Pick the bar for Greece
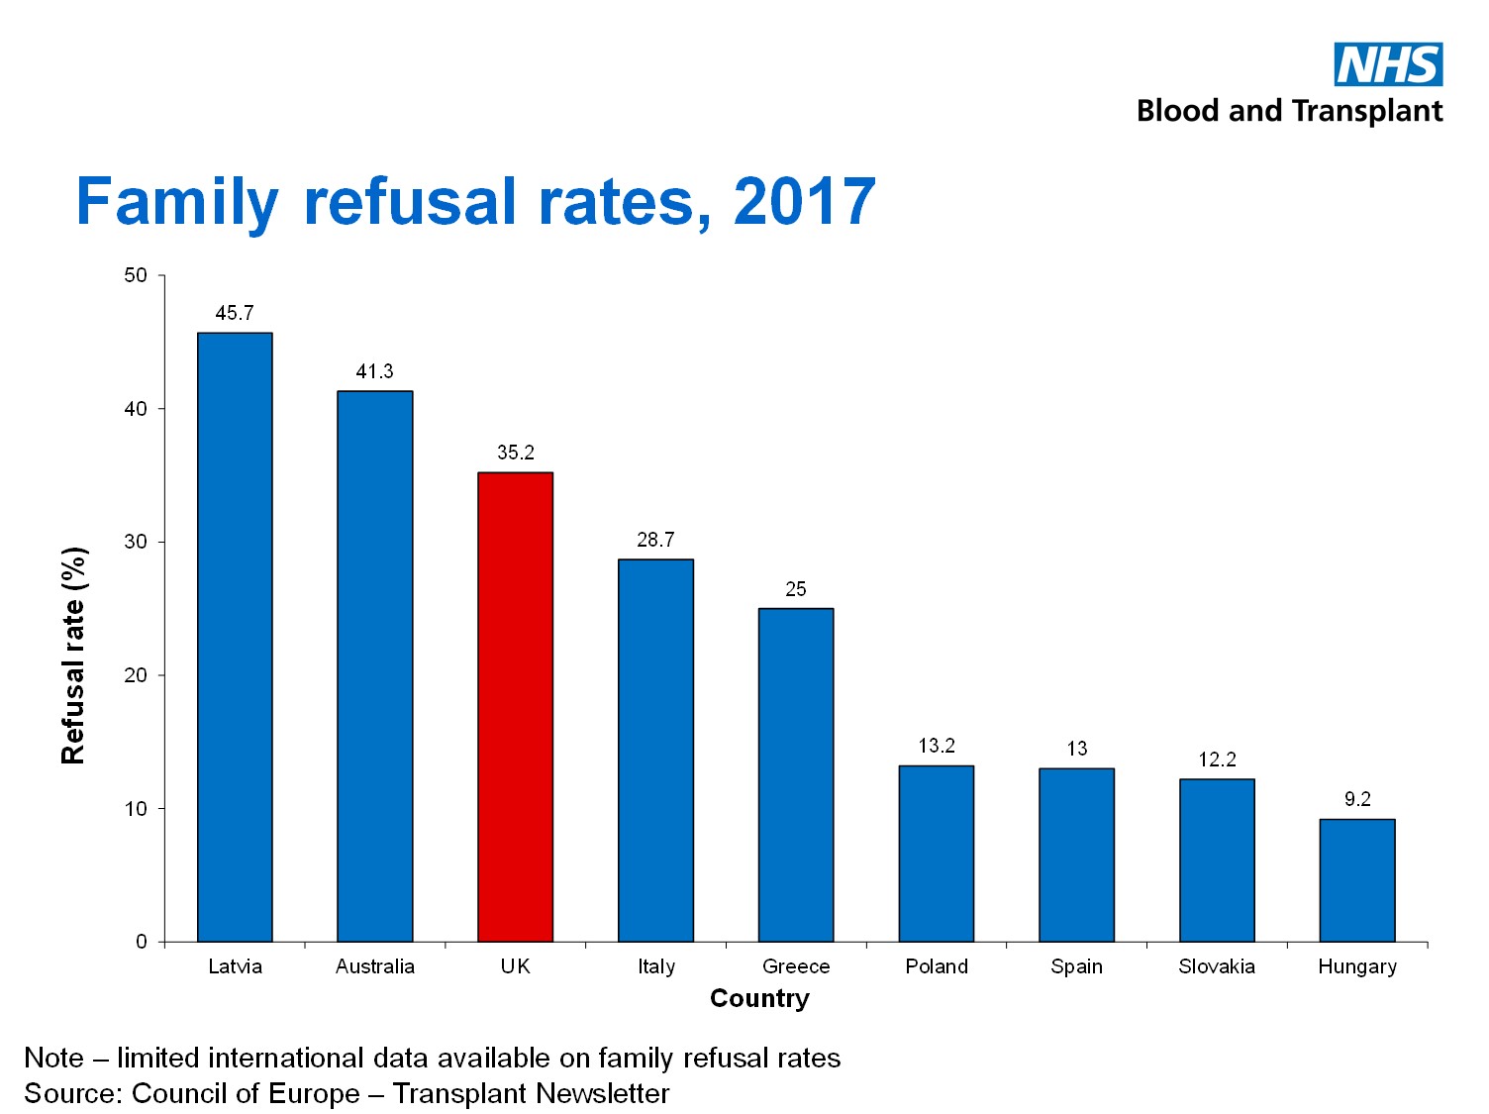(796, 774)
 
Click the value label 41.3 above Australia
(374, 371)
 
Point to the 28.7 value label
(655, 540)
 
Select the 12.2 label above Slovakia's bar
(1217, 760)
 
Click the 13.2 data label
(937, 746)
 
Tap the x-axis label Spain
(1076, 966)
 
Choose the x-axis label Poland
(937, 966)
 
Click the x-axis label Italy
(655, 966)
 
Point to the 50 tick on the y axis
(136, 275)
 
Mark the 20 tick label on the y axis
(136, 675)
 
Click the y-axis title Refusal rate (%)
(74, 656)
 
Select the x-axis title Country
(759, 998)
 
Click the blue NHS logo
(1388, 64)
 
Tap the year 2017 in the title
(804, 202)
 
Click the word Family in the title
(178, 202)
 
